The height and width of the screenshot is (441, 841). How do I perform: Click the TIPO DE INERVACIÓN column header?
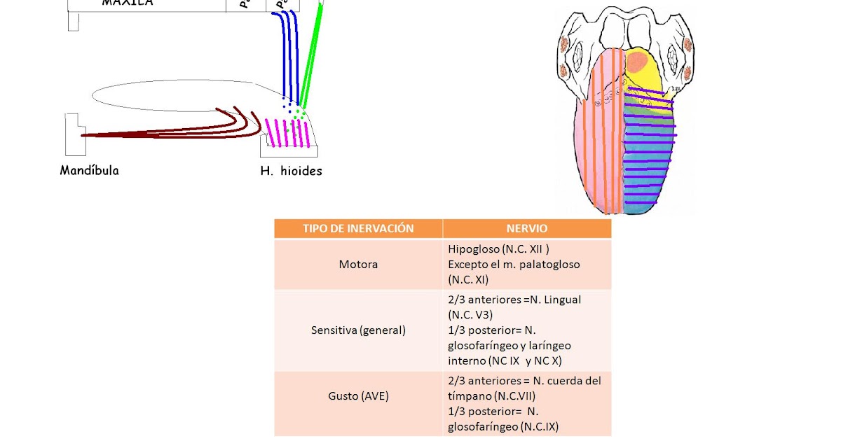point(358,229)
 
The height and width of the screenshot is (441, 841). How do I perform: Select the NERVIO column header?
point(526,229)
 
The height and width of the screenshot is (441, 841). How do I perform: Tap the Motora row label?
point(358,265)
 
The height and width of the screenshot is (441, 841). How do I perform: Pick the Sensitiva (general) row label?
point(358,330)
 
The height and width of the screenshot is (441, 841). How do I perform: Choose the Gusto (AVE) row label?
point(358,396)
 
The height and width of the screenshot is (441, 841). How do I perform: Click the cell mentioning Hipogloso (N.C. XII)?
point(526,265)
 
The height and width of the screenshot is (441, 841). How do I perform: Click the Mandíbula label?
point(89,170)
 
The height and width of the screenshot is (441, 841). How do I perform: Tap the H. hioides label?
point(291,171)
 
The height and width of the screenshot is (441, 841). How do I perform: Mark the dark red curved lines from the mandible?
point(175,130)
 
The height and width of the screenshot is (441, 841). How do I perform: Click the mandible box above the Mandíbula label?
point(74,134)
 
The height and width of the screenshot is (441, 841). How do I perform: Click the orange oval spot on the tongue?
point(637,63)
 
